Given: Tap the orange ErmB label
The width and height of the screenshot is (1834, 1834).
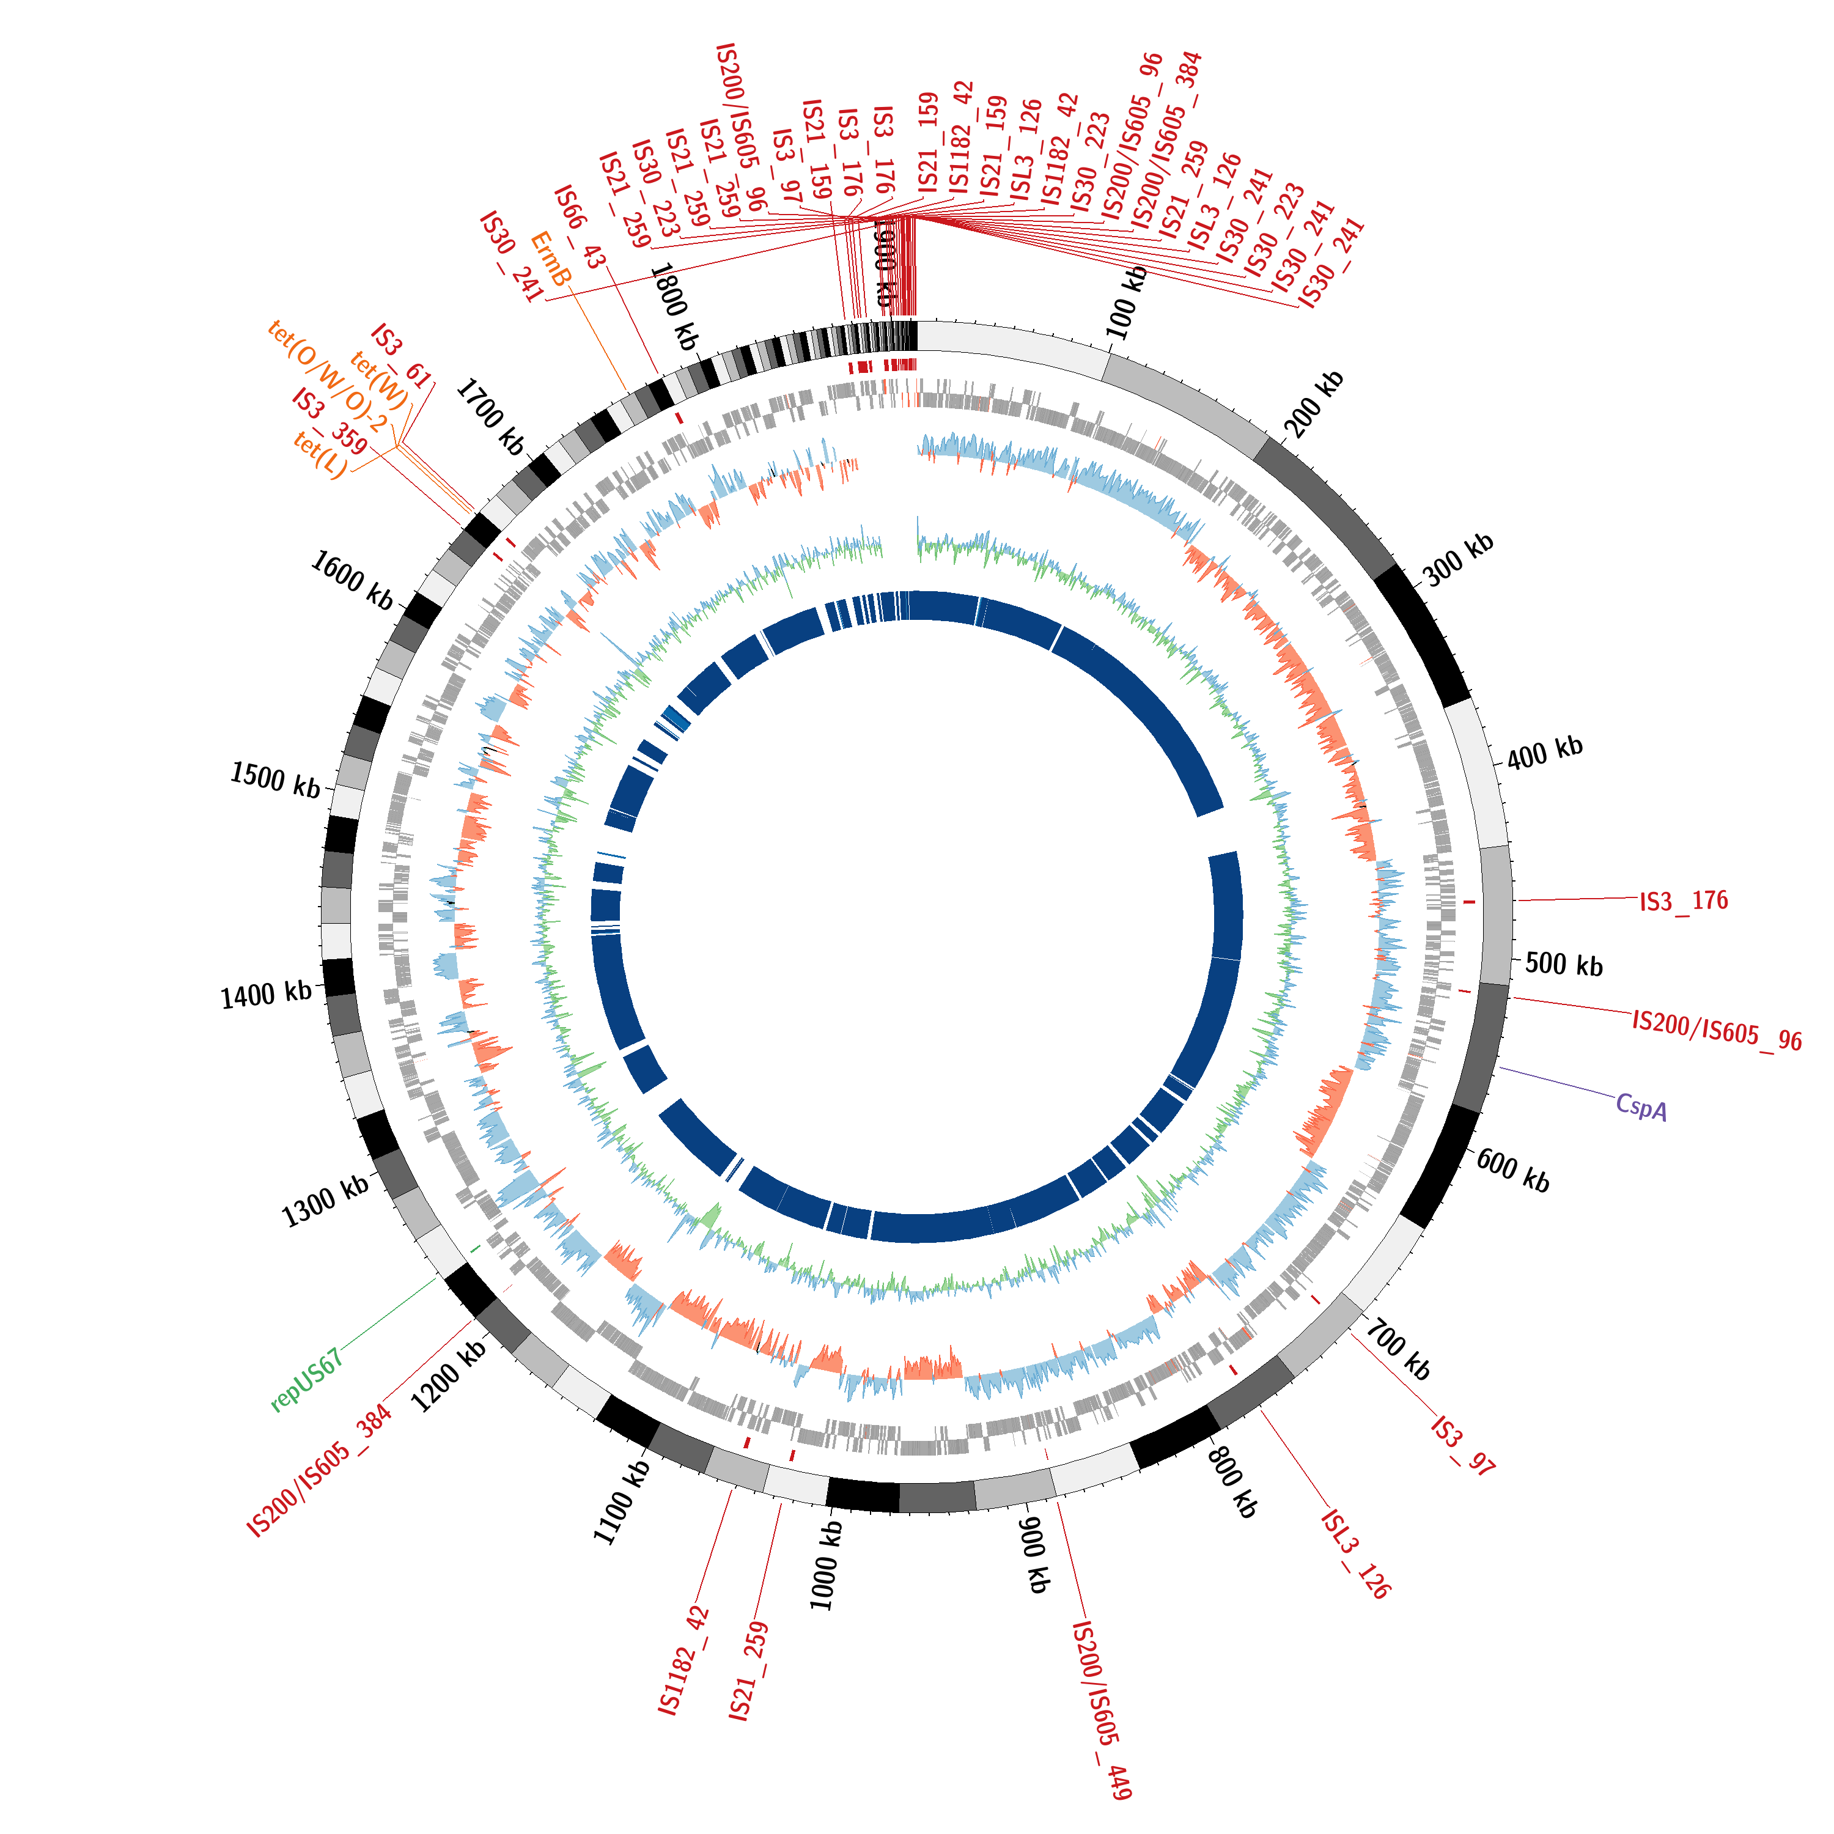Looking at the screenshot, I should [551, 258].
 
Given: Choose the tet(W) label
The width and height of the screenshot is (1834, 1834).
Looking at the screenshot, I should [379, 380].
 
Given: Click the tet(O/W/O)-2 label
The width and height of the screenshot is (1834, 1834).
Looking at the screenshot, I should [328, 375].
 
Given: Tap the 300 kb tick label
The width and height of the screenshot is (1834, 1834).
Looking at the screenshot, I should [1458, 559].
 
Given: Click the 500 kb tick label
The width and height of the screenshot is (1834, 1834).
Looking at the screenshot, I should [1563, 965].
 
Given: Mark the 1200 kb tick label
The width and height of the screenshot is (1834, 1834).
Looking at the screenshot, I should [449, 1375].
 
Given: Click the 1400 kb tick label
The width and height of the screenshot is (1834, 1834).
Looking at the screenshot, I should [267, 995].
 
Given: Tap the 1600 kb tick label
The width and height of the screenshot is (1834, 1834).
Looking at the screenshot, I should [352, 581].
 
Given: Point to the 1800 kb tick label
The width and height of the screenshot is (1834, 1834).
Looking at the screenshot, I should [674, 306].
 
